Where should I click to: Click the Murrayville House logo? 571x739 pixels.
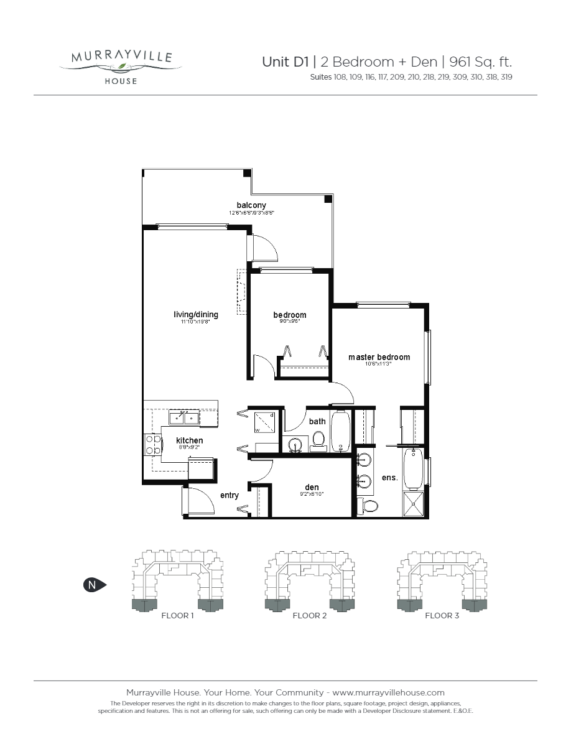coord(121,66)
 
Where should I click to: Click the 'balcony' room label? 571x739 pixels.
coord(251,205)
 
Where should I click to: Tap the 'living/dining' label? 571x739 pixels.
coord(196,315)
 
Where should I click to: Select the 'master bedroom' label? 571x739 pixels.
coord(379,357)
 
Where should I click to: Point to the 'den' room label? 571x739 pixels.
coord(312,488)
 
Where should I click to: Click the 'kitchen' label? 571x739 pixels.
coord(189,440)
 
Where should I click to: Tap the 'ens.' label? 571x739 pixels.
coord(389,478)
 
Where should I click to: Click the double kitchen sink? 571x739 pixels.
coord(184,417)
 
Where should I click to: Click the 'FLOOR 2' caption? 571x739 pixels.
coord(309,616)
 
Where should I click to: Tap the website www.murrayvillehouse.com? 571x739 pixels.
coord(388,692)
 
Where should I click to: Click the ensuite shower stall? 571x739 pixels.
coord(414,504)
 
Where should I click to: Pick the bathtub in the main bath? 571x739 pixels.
coord(341,431)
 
